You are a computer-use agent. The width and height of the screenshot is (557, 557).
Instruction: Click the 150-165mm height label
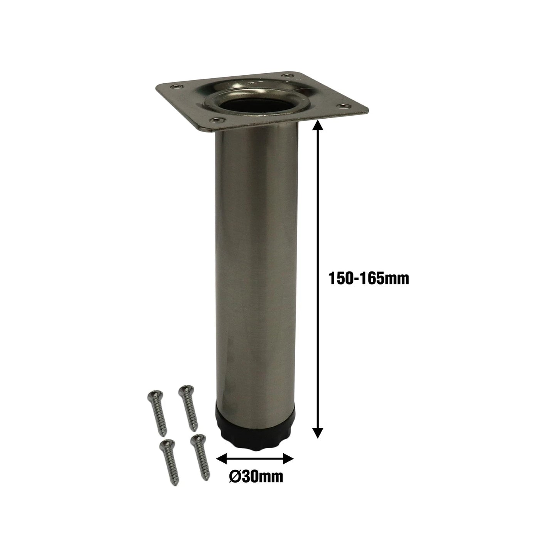click(x=368, y=278)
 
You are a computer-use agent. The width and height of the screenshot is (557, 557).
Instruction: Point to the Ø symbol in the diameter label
click(x=234, y=477)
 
